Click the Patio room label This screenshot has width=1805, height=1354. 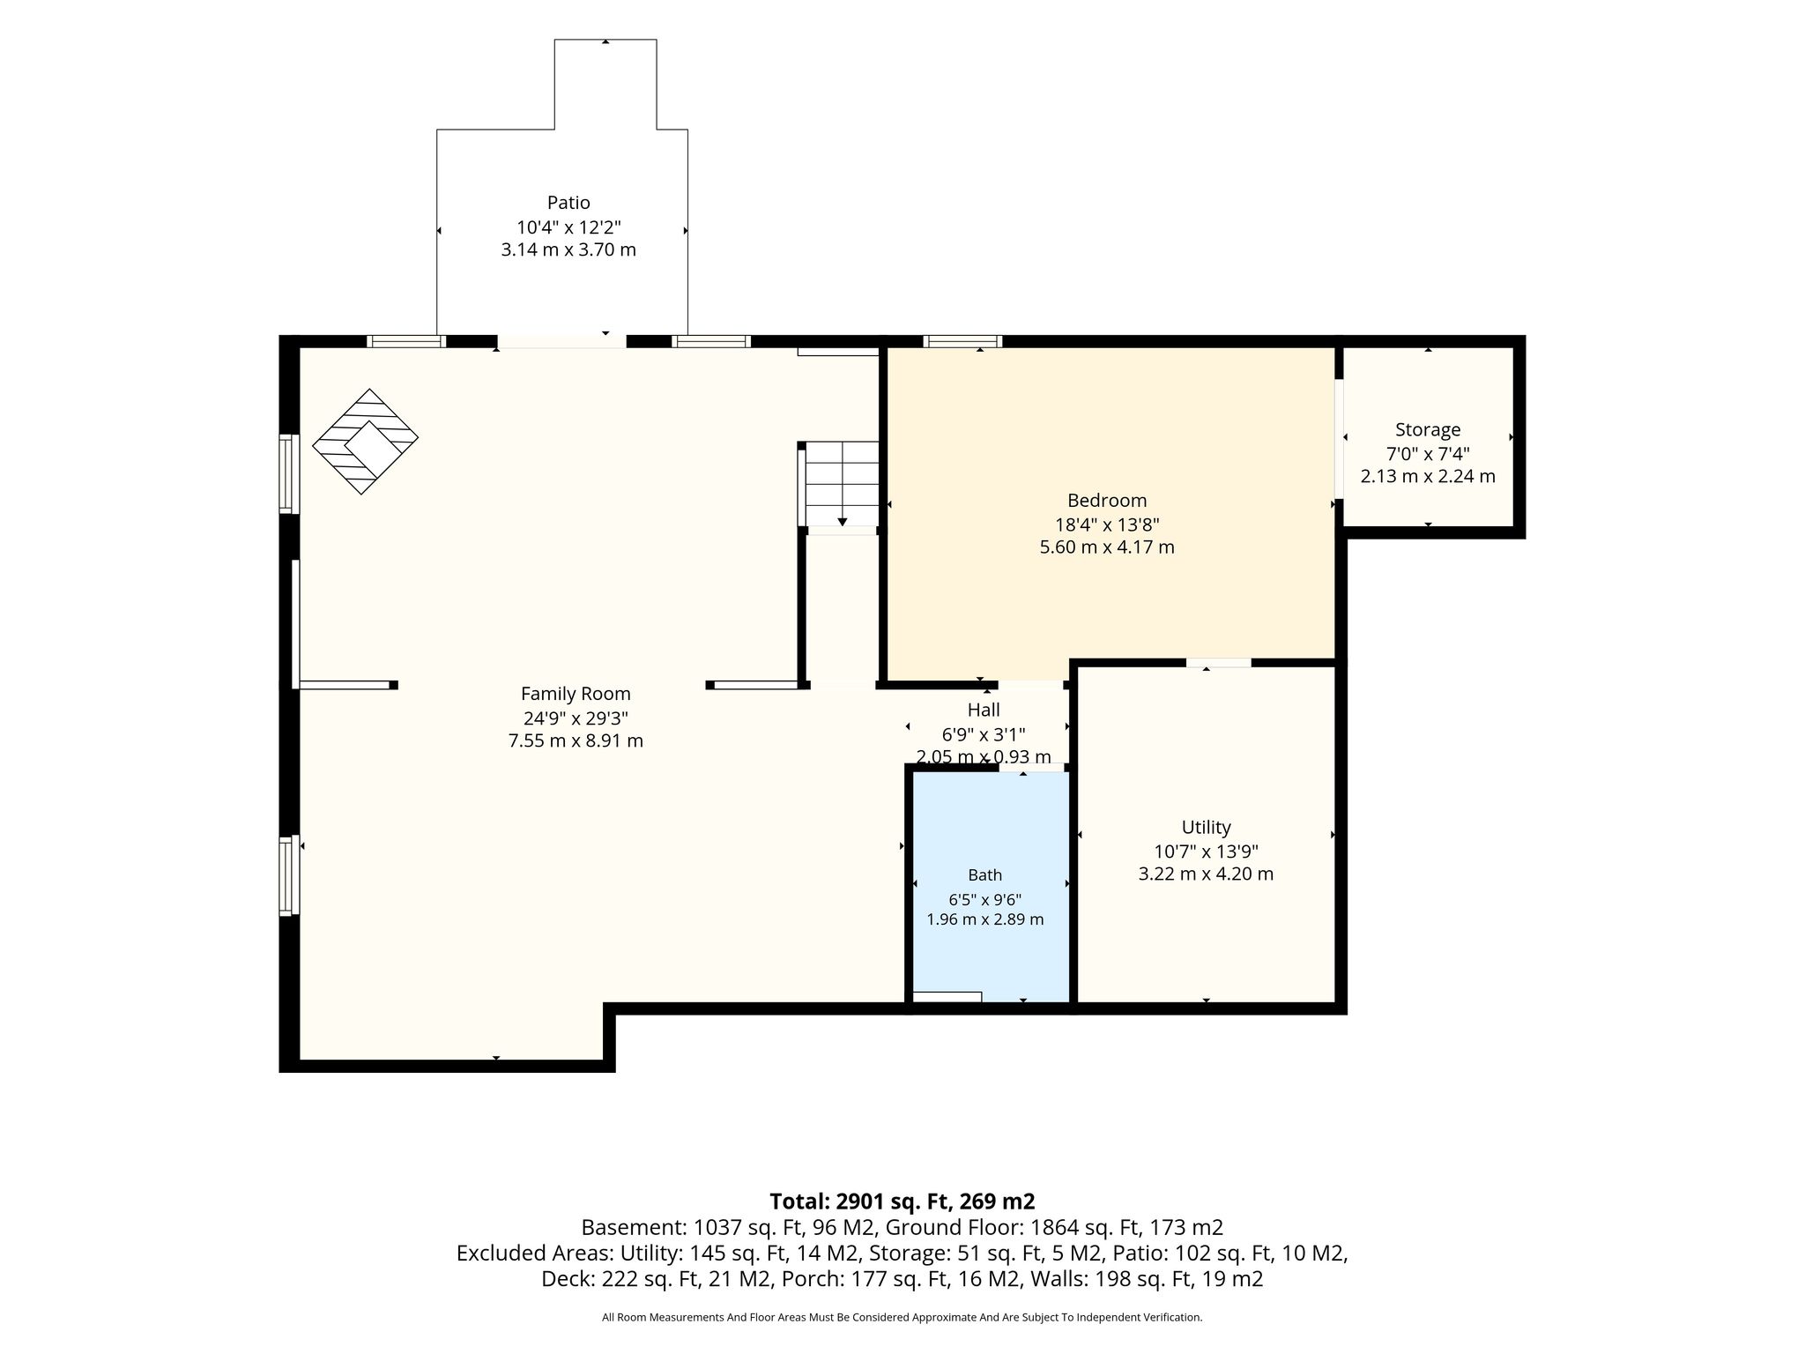click(x=568, y=203)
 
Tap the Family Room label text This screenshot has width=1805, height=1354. click(x=576, y=694)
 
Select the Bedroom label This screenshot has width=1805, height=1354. click(x=1107, y=501)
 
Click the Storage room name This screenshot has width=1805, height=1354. click(x=1428, y=430)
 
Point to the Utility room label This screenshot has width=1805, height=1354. click(x=1206, y=828)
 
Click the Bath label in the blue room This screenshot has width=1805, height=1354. click(x=984, y=875)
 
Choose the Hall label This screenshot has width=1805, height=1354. click(x=984, y=710)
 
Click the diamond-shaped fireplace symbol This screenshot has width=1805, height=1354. click(x=365, y=441)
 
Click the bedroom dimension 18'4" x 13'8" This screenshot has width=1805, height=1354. click(x=1107, y=524)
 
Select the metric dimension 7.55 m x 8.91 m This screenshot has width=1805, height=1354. click(x=576, y=741)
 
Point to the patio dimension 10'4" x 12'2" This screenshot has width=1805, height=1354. click(x=568, y=227)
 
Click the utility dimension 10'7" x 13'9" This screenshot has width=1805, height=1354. click(x=1206, y=852)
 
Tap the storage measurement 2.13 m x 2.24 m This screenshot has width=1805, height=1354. click(x=1428, y=477)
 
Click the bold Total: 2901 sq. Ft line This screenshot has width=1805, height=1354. click(x=902, y=1201)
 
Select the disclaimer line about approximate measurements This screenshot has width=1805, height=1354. click(x=902, y=1317)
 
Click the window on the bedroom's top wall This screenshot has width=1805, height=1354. click(x=962, y=342)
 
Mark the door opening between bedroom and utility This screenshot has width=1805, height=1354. click(x=1218, y=662)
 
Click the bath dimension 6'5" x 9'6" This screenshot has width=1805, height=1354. click(x=984, y=900)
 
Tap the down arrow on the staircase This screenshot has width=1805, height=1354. click(x=842, y=522)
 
